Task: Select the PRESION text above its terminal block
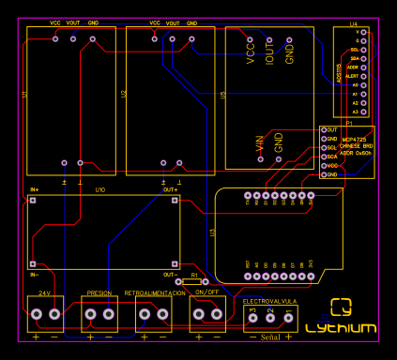pyautogui.click(x=99, y=293)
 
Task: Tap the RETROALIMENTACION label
pyautogui.click(x=155, y=293)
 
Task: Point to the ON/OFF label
pyautogui.click(x=207, y=293)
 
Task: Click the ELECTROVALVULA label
pyautogui.click(x=270, y=301)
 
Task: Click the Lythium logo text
pyautogui.click(x=342, y=328)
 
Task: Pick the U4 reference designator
pyautogui.click(x=354, y=23)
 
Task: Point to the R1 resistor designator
pyautogui.click(x=195, y=277)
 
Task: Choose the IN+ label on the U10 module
pyautogui.click(x=35, y=190)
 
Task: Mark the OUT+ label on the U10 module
pyautogui.click(x=170, y=190)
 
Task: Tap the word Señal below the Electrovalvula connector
pyautogui.click(x=270, y=336)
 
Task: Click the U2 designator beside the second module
pyautogui.click(x=124, y=95)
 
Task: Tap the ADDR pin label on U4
pyautogui.click(x=353, y=67)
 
